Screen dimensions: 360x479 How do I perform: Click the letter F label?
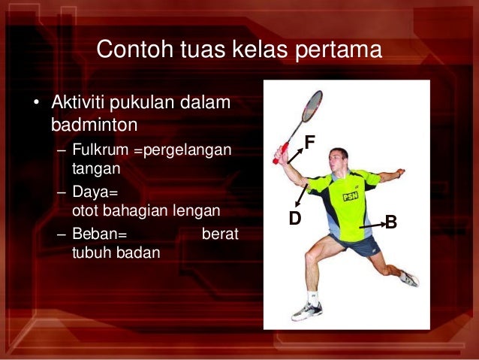[309, 141]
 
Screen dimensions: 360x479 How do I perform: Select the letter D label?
[295, 219]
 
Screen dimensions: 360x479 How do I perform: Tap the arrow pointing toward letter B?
[369, 224]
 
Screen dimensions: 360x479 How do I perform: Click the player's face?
[339, 162]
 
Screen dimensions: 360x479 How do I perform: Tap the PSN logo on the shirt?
[350, 196]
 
